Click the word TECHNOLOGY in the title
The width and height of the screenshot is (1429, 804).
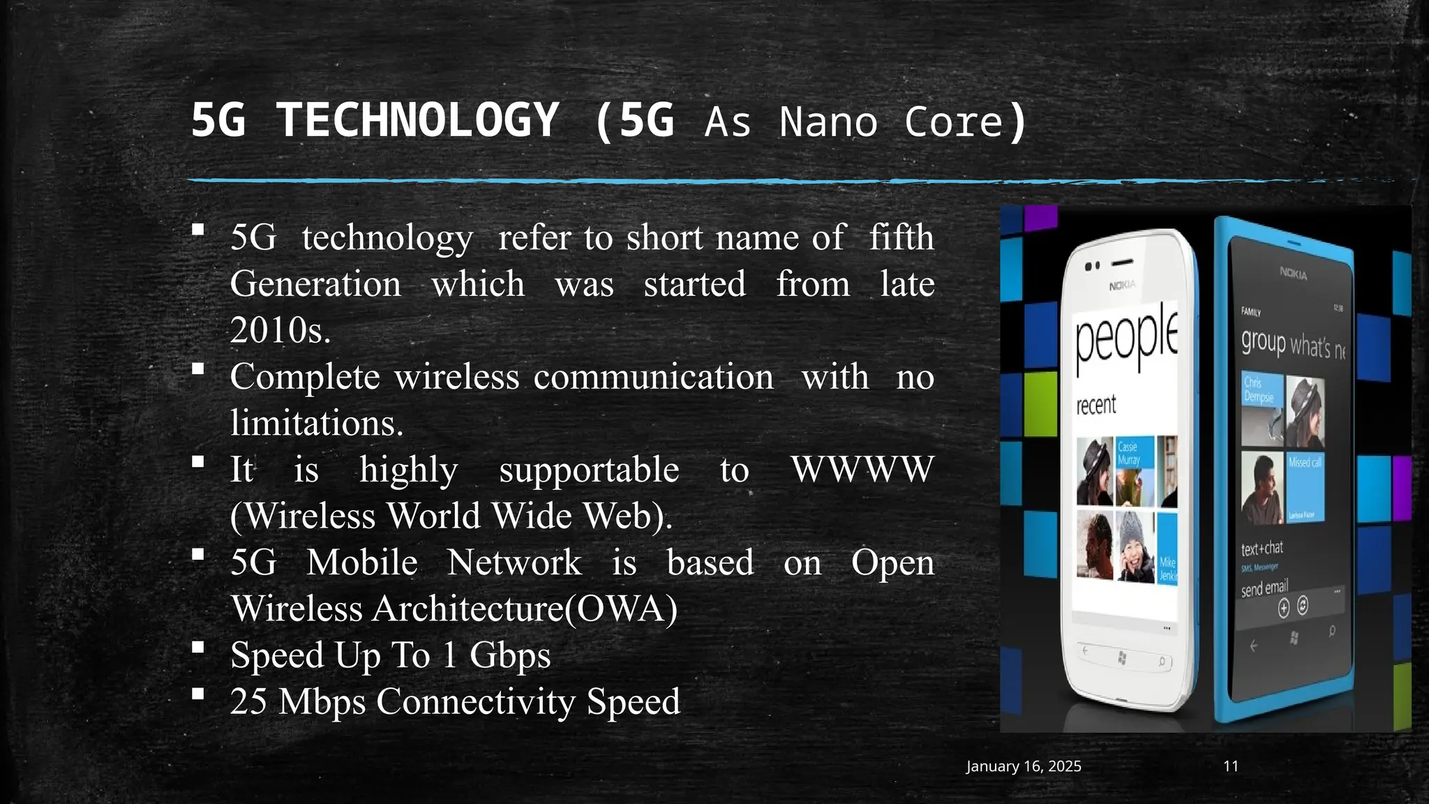pos(417,120)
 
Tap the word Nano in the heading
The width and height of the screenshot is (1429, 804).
pos(828,122)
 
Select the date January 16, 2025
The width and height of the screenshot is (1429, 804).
pos(1023,766)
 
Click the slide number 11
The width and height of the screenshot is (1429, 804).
pos(1231,766)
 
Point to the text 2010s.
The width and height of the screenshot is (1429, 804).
pos(280,330)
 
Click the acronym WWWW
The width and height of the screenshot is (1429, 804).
pos(862,469)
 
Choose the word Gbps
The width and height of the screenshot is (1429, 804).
pos(509,655)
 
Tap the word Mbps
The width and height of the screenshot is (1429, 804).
pos(322,701)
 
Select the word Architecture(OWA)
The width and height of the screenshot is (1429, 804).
pos(524,609)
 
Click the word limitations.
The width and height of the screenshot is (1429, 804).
pos(317,423)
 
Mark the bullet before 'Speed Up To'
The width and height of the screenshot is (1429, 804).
pos(198,648)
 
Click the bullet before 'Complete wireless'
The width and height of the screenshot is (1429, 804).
pos(198,369)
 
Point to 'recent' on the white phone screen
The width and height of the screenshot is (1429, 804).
pos(1095,405)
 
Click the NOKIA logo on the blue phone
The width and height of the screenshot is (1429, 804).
pos(1293,274)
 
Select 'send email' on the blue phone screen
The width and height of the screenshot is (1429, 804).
pos(1264,588)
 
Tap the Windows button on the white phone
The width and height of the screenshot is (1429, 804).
pos(1122,657)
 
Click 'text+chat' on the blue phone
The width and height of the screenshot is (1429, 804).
pos(1262,549)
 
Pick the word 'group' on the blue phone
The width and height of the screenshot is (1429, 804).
pos(1263,342)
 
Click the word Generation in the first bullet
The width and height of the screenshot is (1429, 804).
pos(315,284)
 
